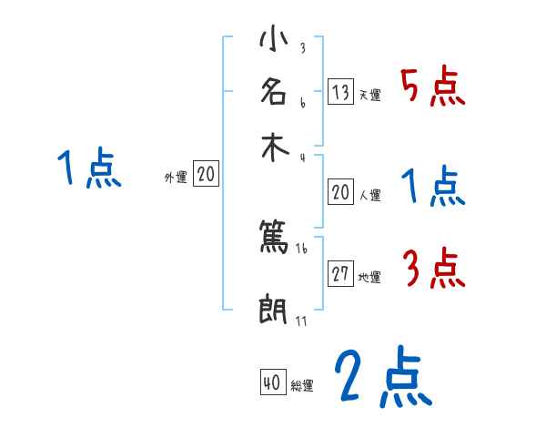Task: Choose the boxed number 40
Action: tap(271, 383)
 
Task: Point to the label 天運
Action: tap(370, 95)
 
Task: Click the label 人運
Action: tap(370, 195)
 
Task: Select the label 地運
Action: tap(370, 277)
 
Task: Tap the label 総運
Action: tap(302, 386)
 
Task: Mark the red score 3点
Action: tap(433, 267)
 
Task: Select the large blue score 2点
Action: tap(382, 376)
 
